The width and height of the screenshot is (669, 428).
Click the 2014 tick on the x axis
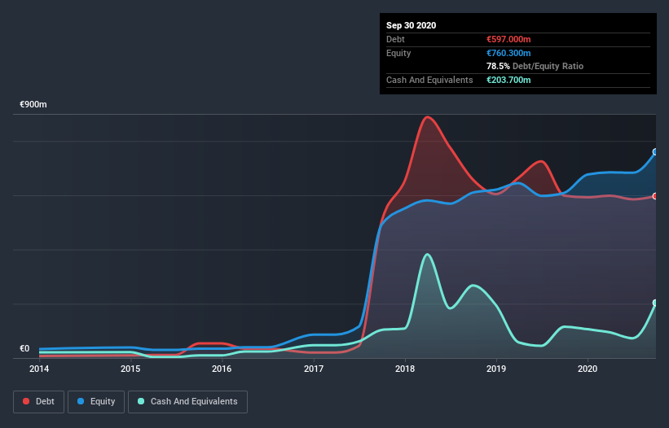(x=39, y=369)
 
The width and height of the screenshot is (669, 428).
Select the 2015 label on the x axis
(x=130, y=369)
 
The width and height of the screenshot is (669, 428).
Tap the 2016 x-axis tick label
(x=222, y=369)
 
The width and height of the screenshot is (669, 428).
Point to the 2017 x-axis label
(x=314, y=369)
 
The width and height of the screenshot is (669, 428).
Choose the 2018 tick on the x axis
(x=405, y=369)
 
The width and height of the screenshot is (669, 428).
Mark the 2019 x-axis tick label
(x=496, y=369)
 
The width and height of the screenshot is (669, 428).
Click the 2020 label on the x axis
(x=588, y=369)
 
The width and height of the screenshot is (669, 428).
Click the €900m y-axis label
(x=33, y=105)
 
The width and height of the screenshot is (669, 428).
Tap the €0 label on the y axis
(x=24, y=349)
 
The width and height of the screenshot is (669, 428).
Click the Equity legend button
(x=97, y=401)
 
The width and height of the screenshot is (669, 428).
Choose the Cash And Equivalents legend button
(x=187, y=401)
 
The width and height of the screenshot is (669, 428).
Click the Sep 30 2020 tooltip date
(x=412, y=25)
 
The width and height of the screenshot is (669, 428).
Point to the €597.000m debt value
(x=508, y=39)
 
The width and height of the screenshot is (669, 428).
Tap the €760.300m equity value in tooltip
(x=508, y=53)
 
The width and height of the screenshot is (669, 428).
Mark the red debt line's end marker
(x=655, y=196)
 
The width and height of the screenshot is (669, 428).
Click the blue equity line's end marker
(x=655, y=152)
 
